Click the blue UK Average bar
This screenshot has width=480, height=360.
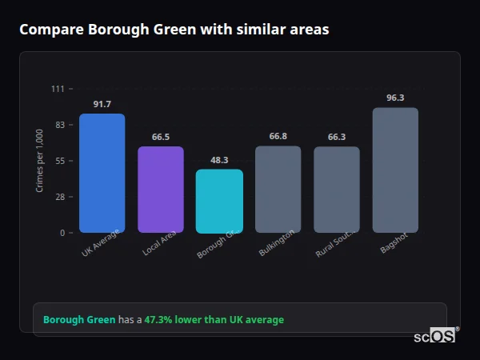[x=102, y=173]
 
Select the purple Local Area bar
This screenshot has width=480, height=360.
[x=161, y=190]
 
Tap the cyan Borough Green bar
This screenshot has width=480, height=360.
[x=219, y=201]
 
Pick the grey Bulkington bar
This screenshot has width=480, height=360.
[x=278, y=189]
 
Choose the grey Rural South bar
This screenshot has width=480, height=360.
[x=337, y=190]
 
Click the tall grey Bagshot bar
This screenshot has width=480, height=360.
[x=395, y=170]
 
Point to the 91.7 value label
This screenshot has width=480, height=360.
[x=102, y=104]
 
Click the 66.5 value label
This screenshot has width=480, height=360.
[x=161, y=137]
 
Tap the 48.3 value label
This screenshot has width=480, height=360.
[x=219, y=160]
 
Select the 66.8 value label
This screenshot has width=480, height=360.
[x=278, y=136]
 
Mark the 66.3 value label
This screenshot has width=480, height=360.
[x=337, y=137]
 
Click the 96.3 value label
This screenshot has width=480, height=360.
[x=395, y=98]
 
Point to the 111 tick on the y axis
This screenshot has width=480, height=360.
[x=58, y=88]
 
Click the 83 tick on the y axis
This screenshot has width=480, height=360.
[x=60, y=125]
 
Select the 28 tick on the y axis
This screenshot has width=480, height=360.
[x=60, y=197]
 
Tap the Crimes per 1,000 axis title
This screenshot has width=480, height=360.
[x=39, y=161]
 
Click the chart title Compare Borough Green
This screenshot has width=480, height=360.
[x=174, y=30]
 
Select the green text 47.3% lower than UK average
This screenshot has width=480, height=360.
[x=214, y=320]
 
